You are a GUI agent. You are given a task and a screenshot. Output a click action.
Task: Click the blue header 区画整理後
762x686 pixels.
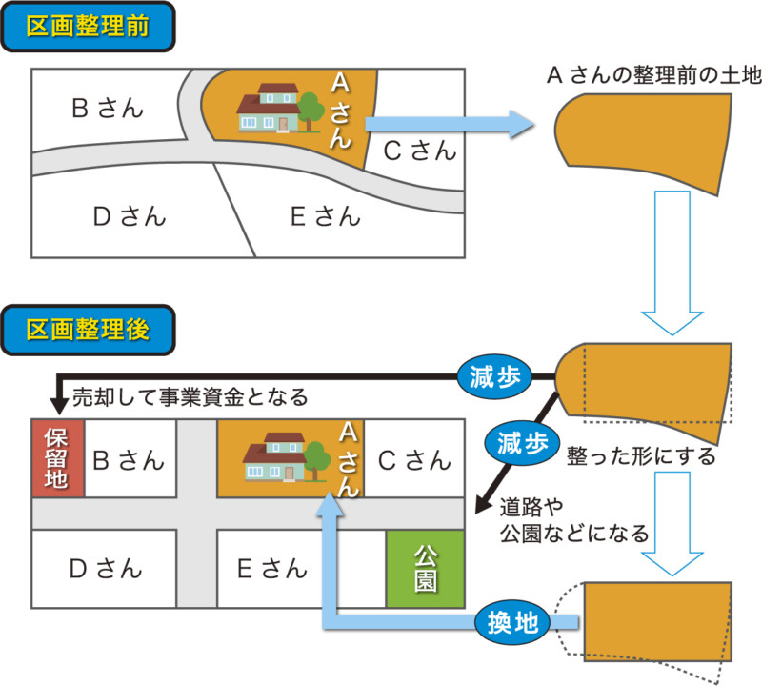[x=89, y=332]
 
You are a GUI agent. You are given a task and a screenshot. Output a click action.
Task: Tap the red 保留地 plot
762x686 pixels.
[x=57, y=457]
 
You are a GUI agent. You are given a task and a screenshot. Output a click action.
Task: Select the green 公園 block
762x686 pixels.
[x=426, y=569]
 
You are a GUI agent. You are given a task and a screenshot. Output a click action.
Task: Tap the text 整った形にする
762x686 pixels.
[x=640, y=456]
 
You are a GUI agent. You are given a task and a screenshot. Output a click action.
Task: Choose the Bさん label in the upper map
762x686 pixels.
[x=108, y=108]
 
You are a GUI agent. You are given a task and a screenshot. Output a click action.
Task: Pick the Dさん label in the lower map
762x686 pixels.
[x=106, y=569]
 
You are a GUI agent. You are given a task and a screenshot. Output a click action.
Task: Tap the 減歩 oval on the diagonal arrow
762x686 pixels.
[x=521, y=443]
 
